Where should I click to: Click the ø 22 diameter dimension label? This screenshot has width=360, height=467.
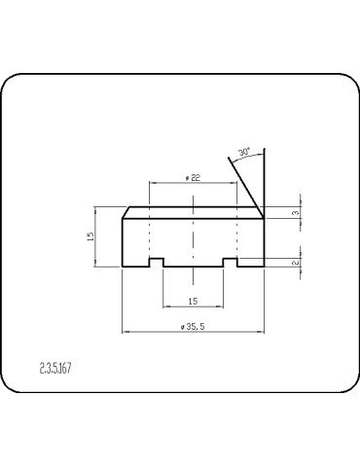[193, 177]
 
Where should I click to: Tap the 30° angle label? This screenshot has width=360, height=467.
[243, 152]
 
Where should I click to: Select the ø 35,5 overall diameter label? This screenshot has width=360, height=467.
[193, 327]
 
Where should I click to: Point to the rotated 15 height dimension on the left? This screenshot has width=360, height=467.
[90, 236]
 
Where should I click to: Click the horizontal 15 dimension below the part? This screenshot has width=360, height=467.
[193, 301]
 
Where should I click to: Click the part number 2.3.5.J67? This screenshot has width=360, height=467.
[61, 369]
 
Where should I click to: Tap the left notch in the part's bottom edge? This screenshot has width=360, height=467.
[156, 262]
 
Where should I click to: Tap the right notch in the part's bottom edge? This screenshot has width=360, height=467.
[231, 262]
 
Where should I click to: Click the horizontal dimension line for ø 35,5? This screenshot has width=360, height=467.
[156, 333]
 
